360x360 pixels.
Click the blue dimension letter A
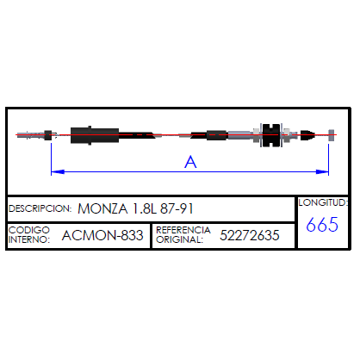point(190,162)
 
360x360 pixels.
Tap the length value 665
point(322,225)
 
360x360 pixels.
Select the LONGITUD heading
point(323,202)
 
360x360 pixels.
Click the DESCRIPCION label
point(40,208)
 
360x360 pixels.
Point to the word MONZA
point(102,208)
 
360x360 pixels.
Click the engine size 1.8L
point(145,208)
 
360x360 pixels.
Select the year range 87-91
point(177,208)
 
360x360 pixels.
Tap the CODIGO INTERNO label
point(29,234)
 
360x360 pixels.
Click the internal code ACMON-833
point(102,235)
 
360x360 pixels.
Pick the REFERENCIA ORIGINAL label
point(183,234)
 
